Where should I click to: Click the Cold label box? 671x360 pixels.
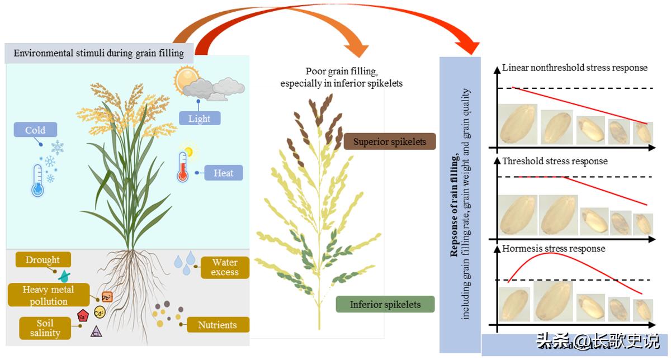click(x=35, y=131)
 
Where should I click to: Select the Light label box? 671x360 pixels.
click(x=200, y=119)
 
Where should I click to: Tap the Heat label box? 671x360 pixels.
click(x=223, y=173)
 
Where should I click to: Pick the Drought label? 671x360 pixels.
click(x=42, y=260)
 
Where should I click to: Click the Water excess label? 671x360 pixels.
click(x=224, y=267)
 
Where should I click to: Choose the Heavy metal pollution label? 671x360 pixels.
click(x=48, y=295)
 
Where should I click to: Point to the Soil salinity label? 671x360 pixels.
click(x=45, y=328)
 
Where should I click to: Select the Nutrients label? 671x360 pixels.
click(x=217, y=325)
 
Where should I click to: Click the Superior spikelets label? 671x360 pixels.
click(x=389, y=142)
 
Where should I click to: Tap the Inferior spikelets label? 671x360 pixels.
click(x=385, y=305)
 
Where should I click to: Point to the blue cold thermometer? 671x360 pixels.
click(x=37, y=179)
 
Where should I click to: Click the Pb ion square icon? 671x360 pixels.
click(x=107, y=297)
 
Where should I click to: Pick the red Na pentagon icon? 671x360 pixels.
click(x=82, y=316)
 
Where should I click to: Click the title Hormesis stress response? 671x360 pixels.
click(x=554, y=248)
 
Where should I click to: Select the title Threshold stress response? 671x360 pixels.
click(x=555, y=161)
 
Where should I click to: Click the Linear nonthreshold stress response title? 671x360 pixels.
click(x=574, y=68)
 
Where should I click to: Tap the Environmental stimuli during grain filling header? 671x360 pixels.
click(x=98, y=54)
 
